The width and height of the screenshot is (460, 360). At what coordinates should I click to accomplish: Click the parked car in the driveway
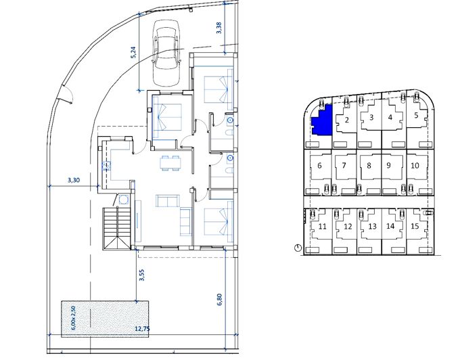166,53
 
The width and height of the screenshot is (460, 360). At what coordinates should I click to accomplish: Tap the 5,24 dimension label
134,53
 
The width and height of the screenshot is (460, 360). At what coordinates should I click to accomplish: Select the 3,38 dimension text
219,28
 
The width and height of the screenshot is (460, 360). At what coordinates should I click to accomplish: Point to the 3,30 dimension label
74,180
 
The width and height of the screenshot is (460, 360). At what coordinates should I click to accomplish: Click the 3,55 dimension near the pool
142,275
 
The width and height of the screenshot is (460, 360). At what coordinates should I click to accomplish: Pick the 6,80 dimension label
220,299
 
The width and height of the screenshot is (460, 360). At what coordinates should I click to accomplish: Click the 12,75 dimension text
142,329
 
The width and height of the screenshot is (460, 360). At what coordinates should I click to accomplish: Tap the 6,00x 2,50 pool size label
73,318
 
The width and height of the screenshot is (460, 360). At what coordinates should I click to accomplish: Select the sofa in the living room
168,201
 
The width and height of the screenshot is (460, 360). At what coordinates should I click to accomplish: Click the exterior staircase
116,229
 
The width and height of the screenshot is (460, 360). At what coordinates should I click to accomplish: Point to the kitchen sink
106,166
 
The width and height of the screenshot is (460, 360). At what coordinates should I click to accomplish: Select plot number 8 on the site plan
369,166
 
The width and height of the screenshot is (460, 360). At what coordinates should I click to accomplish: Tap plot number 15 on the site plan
415,226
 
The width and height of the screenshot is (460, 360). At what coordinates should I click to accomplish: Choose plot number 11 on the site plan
322,227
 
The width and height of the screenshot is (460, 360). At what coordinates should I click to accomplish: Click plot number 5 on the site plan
416,115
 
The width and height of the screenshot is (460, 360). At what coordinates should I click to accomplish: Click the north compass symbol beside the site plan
298,248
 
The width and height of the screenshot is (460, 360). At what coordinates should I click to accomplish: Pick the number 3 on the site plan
371,118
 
